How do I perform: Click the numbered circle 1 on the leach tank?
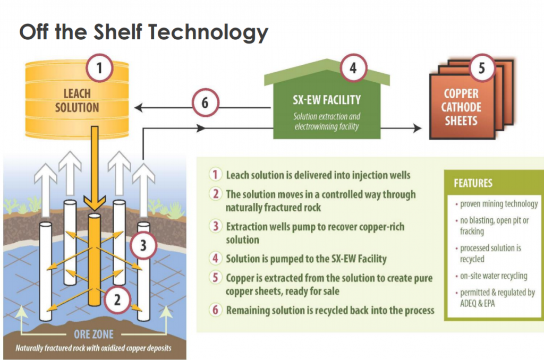pyautogui.click(x=99, y=68)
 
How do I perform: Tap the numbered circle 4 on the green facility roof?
pyautogui.click(x=353, y=68)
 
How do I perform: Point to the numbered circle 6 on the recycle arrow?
pyautogui.click(x=206, y=102)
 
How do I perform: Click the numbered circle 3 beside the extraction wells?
pyautogui.click(x=143, y=245)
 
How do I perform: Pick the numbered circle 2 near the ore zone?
pyautogui.click(x=117, y=300)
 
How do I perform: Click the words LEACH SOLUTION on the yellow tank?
pyautogui.click(x=77, y=100)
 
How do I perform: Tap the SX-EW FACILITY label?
pyautogui.click(x=327, y=100)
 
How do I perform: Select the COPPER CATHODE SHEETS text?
pyautogui.click(x=462, y=107)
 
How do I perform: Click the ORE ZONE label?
pyautogui.click(x=93, y=335)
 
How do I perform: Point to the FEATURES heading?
pyautogui.click(x=473, y=183)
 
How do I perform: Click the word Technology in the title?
pyautogui.click(x=208, y=32)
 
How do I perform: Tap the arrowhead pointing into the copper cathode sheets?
pyautogui.click(x=418, y=128)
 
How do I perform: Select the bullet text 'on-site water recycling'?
pyautogui.click(x=494, y=276)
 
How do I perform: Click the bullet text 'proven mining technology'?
pyautogui.click(x=499, y=204)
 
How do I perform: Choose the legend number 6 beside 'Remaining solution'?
pyautogui.click(x=216, y=310)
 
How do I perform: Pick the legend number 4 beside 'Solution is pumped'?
pyautogui.click(x=216, y=259)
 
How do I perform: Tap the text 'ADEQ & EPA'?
pyautogui.click(x=478, y=304)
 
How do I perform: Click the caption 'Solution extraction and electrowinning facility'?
pyautogui.click(x=327, y=122)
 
